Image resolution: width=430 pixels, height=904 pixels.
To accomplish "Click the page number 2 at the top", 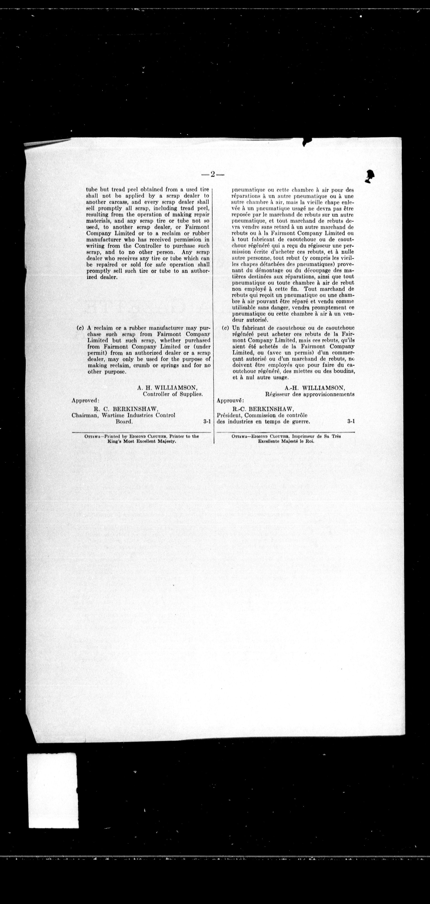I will coord(213,174).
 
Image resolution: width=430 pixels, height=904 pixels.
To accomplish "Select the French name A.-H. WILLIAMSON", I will coord(315,388).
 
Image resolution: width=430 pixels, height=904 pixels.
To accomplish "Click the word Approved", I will coord(85,400).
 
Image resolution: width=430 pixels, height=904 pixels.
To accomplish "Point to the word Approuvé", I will coord(230,400).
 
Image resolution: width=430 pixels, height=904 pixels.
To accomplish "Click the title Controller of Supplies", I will coord(173,394).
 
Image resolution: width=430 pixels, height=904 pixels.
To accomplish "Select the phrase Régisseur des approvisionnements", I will coord(310,394).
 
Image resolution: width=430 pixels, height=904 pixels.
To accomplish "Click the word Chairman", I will coord(84,415).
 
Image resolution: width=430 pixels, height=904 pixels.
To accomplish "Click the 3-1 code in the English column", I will coord(207,422).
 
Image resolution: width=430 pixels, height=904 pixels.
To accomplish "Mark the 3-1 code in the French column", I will coord(351,422).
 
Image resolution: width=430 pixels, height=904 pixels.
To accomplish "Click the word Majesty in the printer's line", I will coord(166,441).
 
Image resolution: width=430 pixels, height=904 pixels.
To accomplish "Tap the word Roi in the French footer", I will coord(310,441).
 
